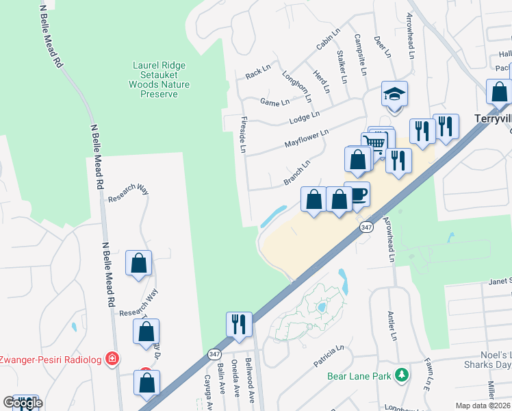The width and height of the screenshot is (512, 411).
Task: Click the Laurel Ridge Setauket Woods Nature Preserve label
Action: [x=159, y=79]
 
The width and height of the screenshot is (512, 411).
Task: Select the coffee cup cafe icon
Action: [x=357, y=195]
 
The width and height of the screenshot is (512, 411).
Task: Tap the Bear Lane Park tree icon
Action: [x=403, y=375]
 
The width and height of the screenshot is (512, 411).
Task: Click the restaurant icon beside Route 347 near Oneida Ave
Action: [x=239, y=324]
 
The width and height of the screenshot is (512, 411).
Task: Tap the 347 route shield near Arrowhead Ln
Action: [x=367, y=227]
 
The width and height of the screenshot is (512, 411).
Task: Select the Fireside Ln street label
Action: [x=243, y=134]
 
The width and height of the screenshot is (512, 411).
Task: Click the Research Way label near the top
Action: [x=128, y=192]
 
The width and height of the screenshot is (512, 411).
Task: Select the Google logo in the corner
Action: [x=23, y=403]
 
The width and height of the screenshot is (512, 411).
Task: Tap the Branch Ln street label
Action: [x=297, y=173]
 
